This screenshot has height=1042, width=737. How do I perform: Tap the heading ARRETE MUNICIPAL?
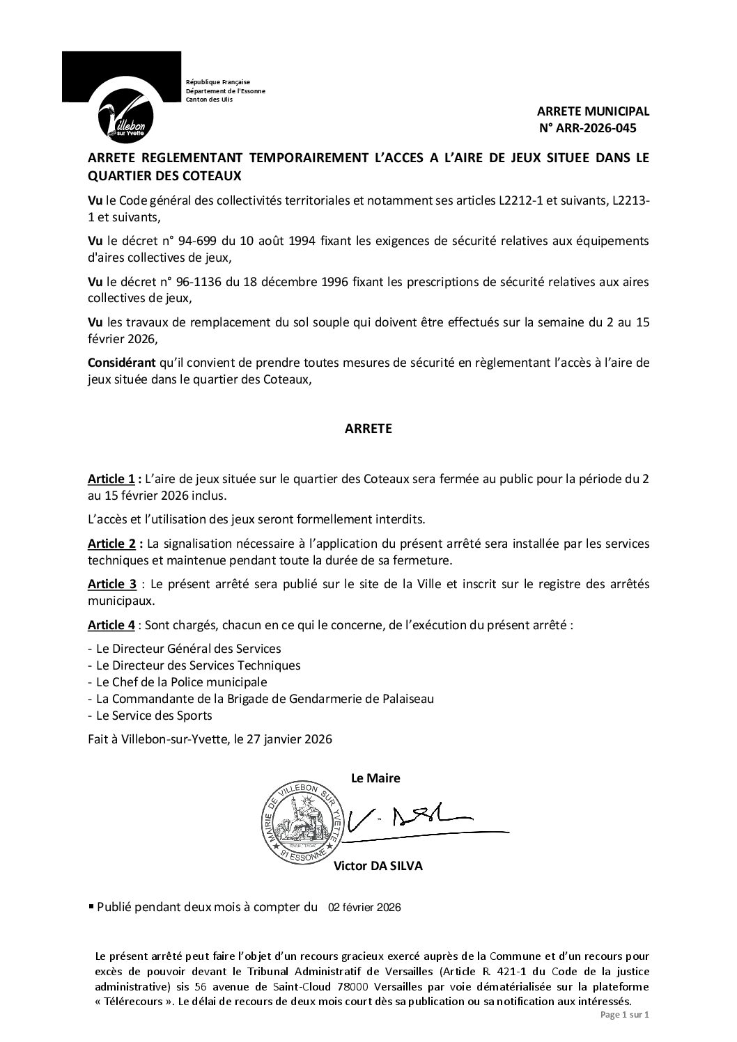[593, 111]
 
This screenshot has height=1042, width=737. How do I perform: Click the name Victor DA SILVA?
[378, 867]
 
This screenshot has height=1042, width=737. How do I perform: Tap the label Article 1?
[111, 479]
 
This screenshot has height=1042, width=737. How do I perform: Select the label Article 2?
[111, 542]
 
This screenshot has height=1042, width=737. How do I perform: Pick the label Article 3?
[111, 583]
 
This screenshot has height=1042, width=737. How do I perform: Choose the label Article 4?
[111, 624]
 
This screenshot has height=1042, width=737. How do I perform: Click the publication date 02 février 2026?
[364, 908]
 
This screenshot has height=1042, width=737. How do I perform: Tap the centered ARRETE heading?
[368, 429]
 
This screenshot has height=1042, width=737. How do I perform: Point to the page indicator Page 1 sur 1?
[624, 1015]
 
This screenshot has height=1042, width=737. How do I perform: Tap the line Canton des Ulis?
[209, 100]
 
